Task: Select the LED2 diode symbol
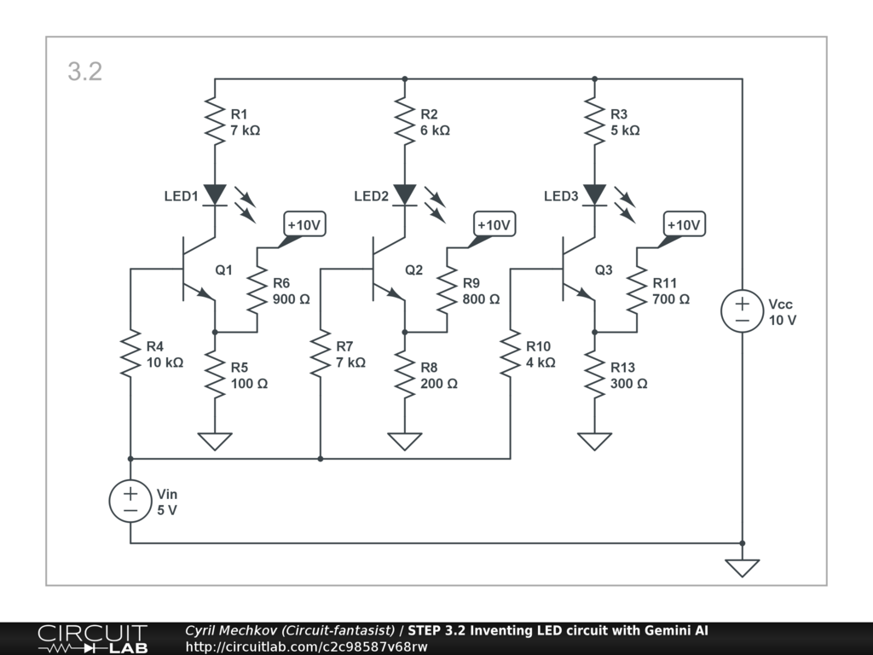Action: coord(405,195)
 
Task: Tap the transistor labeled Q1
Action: coord(194,270)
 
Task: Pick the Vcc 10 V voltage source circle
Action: coord(742,311)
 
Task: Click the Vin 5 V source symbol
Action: coord(130,501)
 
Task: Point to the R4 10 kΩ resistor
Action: coord(130,354)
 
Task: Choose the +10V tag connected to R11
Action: coord(683,225)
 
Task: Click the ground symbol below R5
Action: coord(215,441)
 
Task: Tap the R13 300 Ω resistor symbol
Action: coord(594,374)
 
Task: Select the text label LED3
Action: coord(561,197)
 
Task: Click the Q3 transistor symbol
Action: coord(575,270)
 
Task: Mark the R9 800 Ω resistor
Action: coord(447,291)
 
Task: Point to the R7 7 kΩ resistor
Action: coord(321,354)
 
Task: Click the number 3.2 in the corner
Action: coord(85,72)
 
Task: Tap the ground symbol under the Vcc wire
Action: coord(742,567)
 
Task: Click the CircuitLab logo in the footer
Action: coord(92,639)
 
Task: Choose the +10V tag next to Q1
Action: coord(304,225)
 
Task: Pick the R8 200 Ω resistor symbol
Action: coord(405,374)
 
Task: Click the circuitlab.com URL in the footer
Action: coord(306,646)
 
